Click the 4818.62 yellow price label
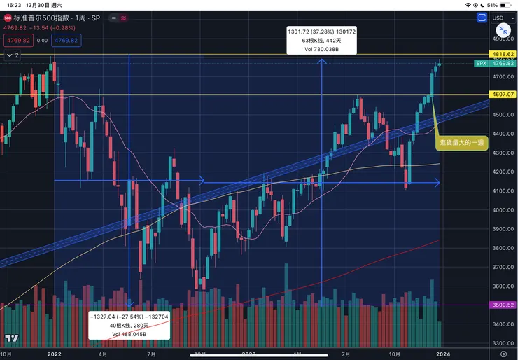503,54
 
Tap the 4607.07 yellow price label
503,94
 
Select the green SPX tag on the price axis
481,63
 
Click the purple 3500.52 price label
503,305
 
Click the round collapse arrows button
503,29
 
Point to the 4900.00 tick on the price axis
502,39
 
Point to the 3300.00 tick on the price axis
502,343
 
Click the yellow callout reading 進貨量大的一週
463,142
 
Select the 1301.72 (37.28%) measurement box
321,40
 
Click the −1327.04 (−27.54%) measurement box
129,325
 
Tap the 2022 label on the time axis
55,354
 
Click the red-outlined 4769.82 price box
16,41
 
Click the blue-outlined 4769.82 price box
66,41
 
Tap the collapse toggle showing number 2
13,54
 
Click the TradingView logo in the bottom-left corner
10,339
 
